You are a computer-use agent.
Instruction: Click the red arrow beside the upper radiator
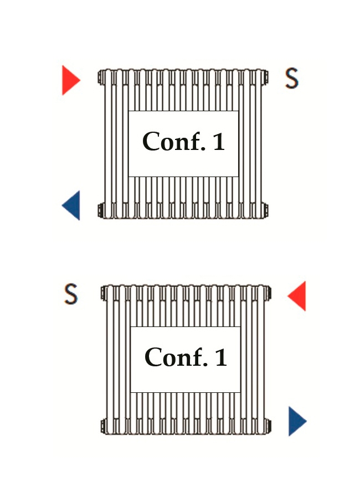tap(70, 80)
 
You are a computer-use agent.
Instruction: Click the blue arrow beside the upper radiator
tap(71, 205)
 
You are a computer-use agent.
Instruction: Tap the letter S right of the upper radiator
tap(292, 78)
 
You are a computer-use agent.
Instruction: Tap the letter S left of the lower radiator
tap(70, 294)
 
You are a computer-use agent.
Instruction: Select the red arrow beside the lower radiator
tap(297, 295)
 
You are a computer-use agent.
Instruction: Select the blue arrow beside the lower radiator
tap(297, 421)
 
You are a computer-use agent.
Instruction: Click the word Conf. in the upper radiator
tap(174, 141)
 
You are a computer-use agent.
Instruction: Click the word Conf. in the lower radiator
tap(176, 357)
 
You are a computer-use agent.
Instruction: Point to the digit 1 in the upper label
tap(219, 142)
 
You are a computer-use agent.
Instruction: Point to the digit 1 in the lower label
tap(221, 357)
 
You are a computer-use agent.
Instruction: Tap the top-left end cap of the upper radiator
tap(100, 77)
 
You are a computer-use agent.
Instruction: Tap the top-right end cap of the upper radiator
tap(266, 77)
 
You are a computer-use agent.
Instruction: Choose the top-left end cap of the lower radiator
tap(103, 293)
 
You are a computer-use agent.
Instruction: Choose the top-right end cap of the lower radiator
tap(269, 293)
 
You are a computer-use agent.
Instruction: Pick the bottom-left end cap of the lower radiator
tap(103, 426)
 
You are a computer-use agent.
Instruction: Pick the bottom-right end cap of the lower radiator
tap(269, 426)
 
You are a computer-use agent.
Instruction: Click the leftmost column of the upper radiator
tap(109, 143)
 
